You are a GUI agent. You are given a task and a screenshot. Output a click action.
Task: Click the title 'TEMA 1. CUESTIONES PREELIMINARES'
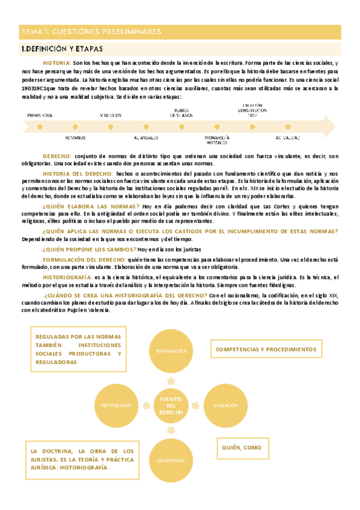[91, 31]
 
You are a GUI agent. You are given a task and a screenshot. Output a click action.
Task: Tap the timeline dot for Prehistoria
[40, 127]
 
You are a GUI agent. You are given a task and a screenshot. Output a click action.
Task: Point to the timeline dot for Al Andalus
[147, 127]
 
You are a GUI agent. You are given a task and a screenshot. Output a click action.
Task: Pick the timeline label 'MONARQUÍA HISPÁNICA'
[217, 140]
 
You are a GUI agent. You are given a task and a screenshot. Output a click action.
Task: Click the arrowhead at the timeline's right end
[330, 127]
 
